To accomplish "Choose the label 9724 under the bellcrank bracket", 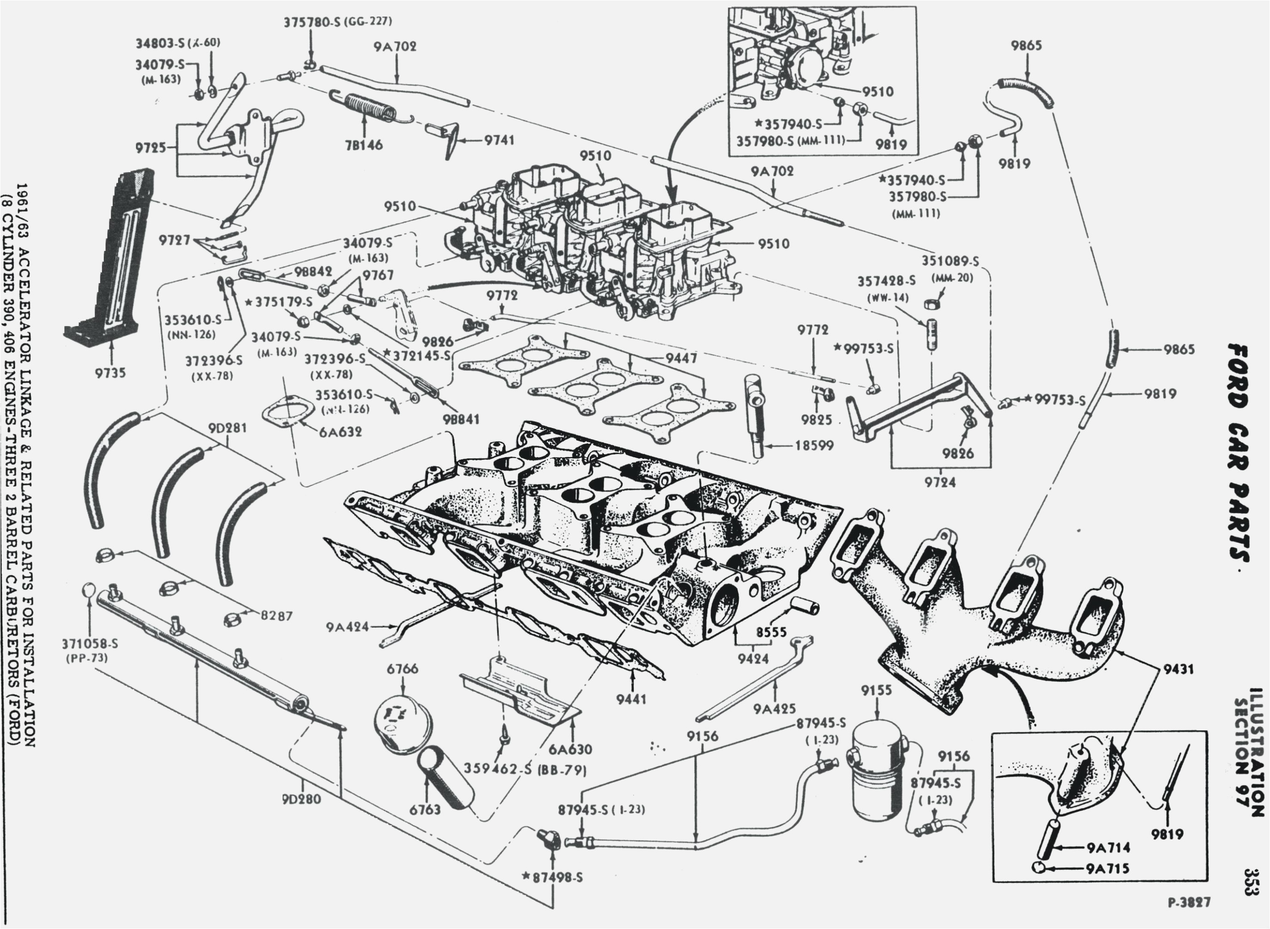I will [x=939, y=482].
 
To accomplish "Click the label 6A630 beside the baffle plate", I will [x=570, y=749].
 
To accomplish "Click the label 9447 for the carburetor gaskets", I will [x=681, y=357].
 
